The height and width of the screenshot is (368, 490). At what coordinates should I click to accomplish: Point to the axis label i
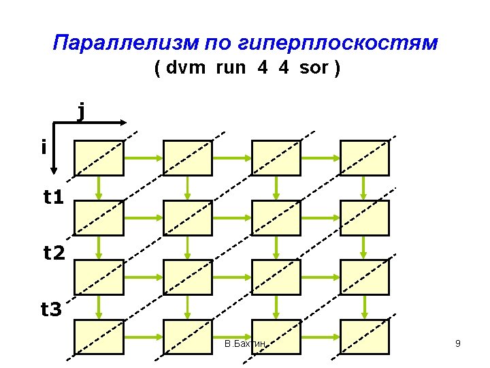pyautogui.click(x=44, y=147)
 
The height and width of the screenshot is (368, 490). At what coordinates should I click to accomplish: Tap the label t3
pyautogui.click(x=52, y=310)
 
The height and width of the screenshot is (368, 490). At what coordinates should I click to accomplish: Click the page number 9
pyautogui.click(x=458, y=344)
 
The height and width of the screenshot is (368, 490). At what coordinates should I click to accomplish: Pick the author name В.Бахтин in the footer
pyautogui.click(x=244, y=344)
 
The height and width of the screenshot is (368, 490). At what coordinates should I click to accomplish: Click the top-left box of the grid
pyautogui.click(x=99, y=157)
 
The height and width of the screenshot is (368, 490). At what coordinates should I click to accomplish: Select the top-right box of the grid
pyautogui.click(x=365, y=157)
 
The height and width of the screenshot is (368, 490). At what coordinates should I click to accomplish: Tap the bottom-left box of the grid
pyautogui.click(x=99, y=337)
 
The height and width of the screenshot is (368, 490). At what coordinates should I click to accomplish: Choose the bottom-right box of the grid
pyautogui.click(x=365, y=337)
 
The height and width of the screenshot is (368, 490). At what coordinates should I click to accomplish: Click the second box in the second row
pyautogui.click(x=188, y=217)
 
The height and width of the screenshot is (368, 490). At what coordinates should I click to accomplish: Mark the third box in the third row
pyautogui.click(x=276, y=277)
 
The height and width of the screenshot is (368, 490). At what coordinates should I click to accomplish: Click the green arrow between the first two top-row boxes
pyautogui.click(x=144, y=158)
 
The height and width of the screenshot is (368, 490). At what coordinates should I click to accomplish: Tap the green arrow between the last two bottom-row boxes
pyautogui.click(x=321, y=337)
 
